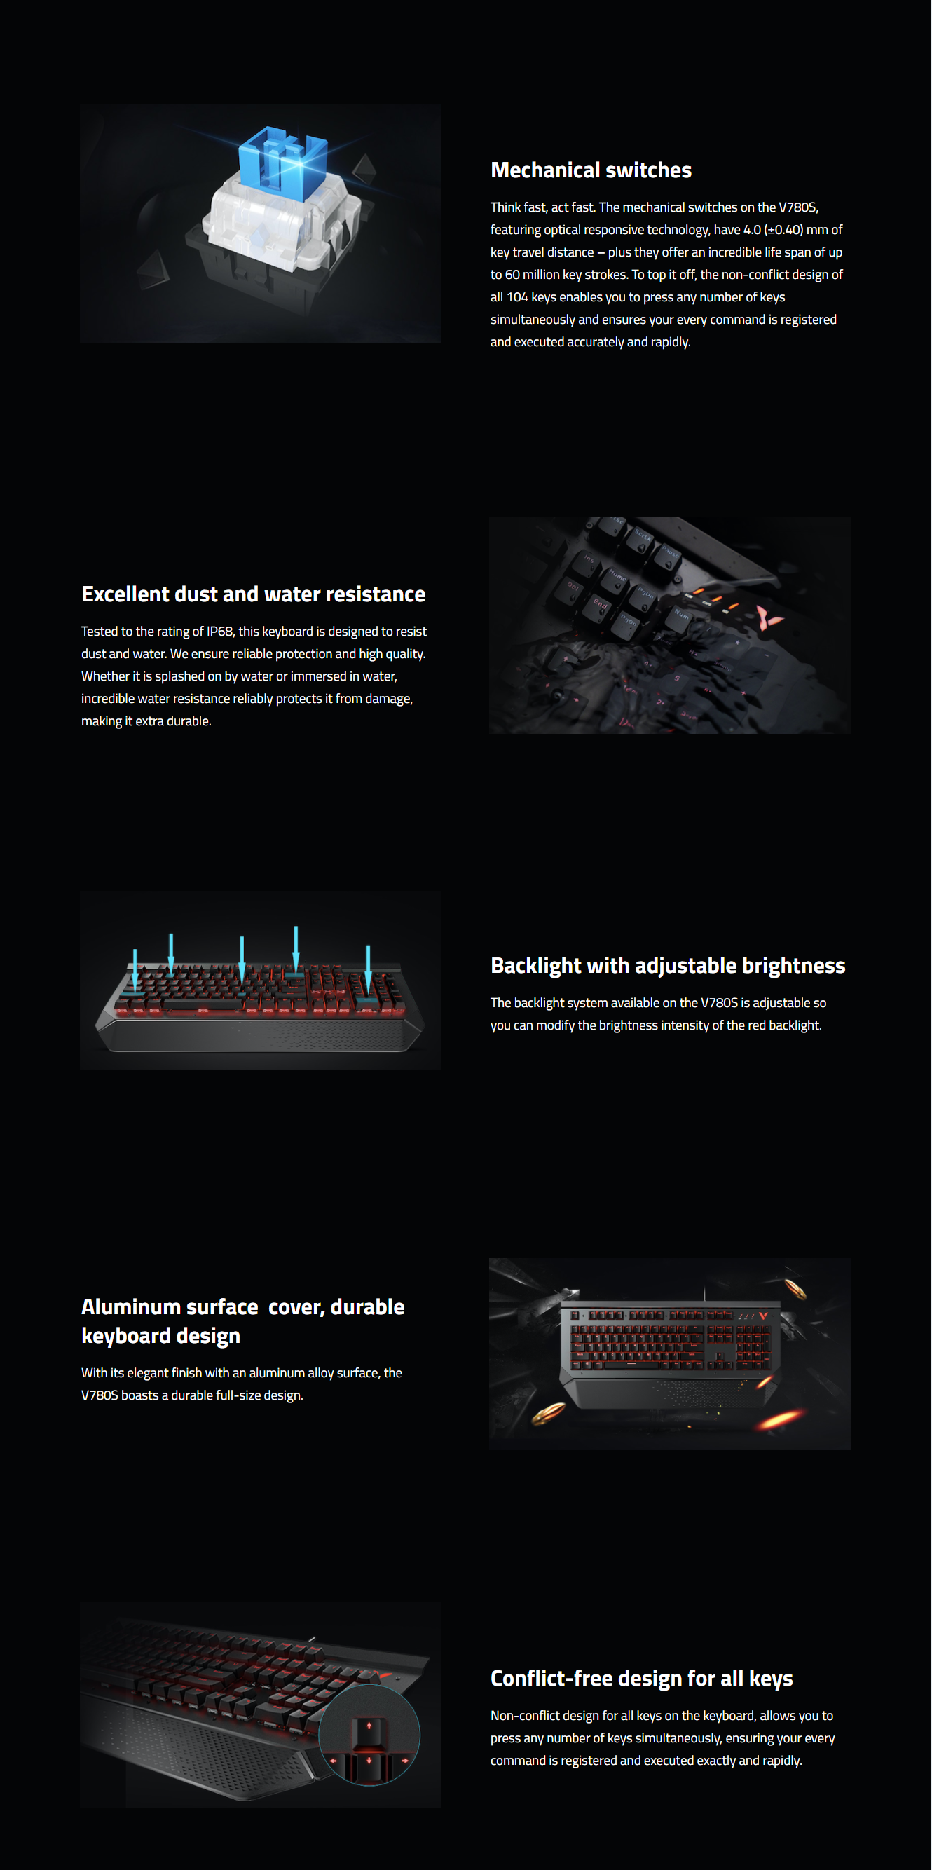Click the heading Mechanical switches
pyautogui.click(x=591, y=170)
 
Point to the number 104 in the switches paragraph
pyautogui.click(x=518, y=297)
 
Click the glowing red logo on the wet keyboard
pyautogui.click(x=765, y=616)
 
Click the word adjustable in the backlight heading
pyautogui.click(x=686, y=967)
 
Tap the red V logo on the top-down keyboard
pyautogui.click(x=763, y=1316)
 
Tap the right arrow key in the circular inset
pyautogui.click(x=404, y=1761)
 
